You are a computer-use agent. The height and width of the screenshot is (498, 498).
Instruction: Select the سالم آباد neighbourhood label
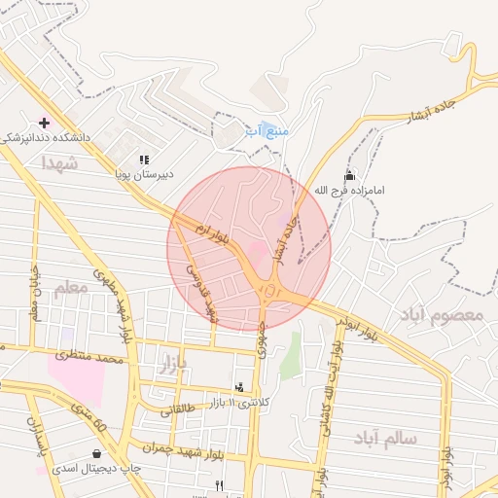click(385, 439)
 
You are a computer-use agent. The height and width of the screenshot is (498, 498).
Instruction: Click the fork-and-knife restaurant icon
click(220, 484)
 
